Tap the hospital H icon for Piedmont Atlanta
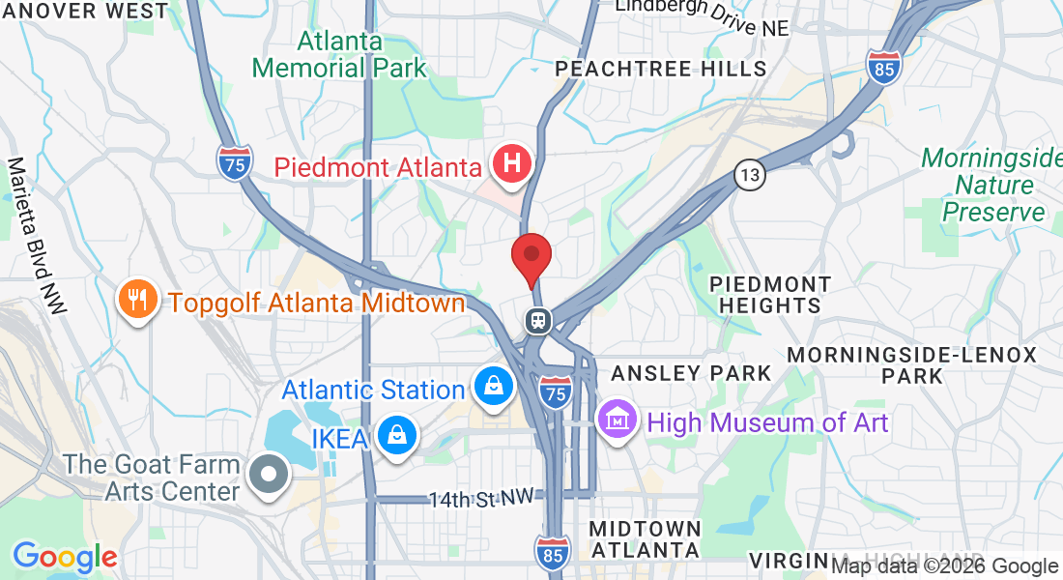point(511,161)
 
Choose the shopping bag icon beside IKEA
point(396,436)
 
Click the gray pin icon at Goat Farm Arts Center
point(269,475)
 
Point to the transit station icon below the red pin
point(536,320)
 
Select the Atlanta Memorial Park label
point(339,55)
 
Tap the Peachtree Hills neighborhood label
point(661,69)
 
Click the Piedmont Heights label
point(770,295)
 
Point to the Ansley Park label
point(691,373)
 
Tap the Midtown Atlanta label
point(645,539)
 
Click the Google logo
point(65,557)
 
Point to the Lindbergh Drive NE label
point(703,15)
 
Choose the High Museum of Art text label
point(768,422)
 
